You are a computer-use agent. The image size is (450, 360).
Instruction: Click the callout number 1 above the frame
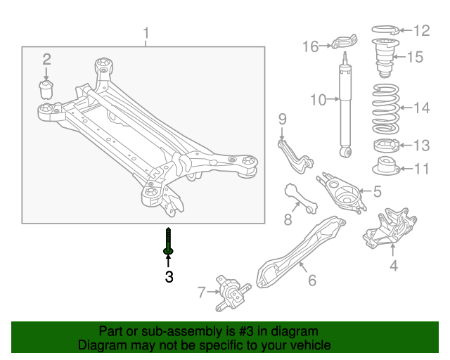146,33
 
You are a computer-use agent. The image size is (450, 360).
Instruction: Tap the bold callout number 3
169,277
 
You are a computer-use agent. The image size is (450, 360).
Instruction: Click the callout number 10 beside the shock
318,101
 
